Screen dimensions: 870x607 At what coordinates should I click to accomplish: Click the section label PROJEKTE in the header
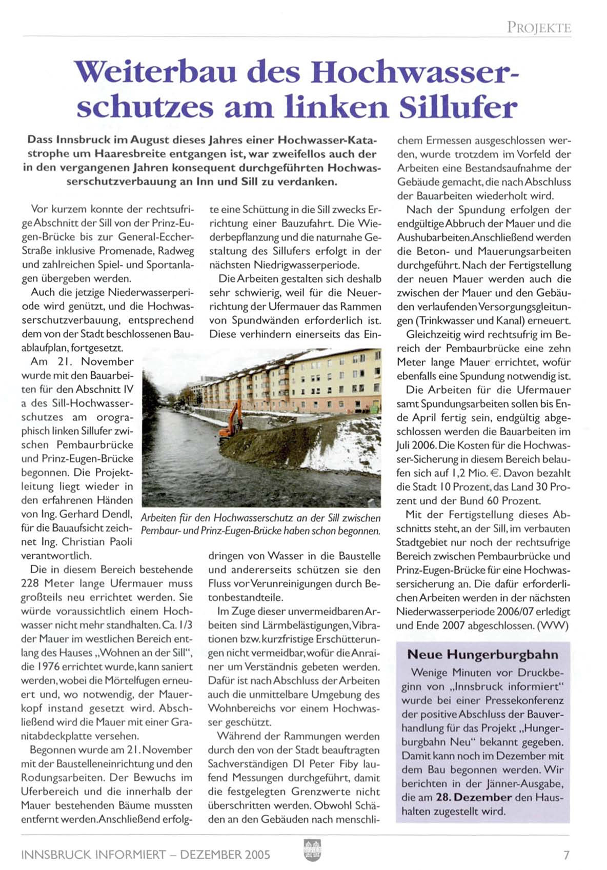(539, 27)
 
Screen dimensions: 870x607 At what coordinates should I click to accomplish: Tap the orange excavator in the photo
(231, 421)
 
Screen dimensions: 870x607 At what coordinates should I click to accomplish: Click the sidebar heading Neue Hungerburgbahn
(482, 655)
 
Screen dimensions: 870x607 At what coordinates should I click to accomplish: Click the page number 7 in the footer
(566, 855)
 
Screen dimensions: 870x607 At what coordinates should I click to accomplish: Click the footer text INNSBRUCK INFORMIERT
(93, 855)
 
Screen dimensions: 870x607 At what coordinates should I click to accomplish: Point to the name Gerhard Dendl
(96, 514)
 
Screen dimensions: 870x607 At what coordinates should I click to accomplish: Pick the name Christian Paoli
(96, 541)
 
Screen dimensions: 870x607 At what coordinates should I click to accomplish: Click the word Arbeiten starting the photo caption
(159, 518)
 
